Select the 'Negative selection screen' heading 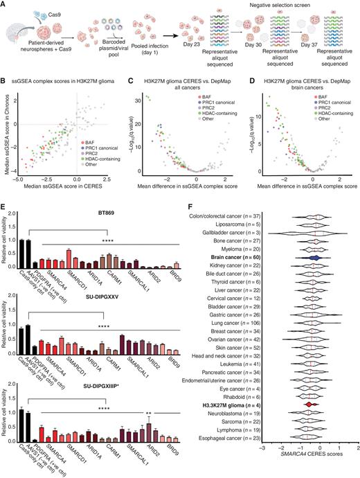click(285, 5)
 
